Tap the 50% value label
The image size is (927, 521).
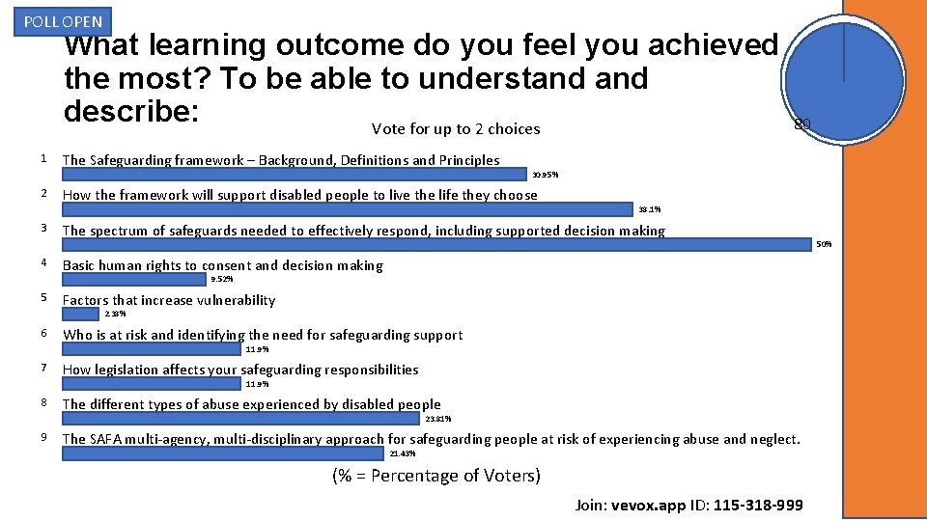click(x=824, y=244)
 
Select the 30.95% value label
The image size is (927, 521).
click(x=545, y=175)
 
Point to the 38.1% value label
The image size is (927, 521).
click(x=649, y=209)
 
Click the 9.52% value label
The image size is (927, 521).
click(x=222, y=279)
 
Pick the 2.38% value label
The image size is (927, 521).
click(x=115, y=314)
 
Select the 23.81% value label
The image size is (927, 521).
click(x=437, y=419)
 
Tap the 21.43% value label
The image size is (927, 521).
click(x=402, y=453)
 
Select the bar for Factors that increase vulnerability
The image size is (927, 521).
click(x=81, y=314)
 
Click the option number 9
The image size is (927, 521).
click(x=44, y=438)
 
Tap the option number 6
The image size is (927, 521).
click(x=44, y=334)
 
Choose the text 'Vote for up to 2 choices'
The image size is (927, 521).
click(x=456, y=129)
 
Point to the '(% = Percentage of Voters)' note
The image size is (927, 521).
click(x=436, y=476)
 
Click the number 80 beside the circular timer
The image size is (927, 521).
click(x=801, y=123)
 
